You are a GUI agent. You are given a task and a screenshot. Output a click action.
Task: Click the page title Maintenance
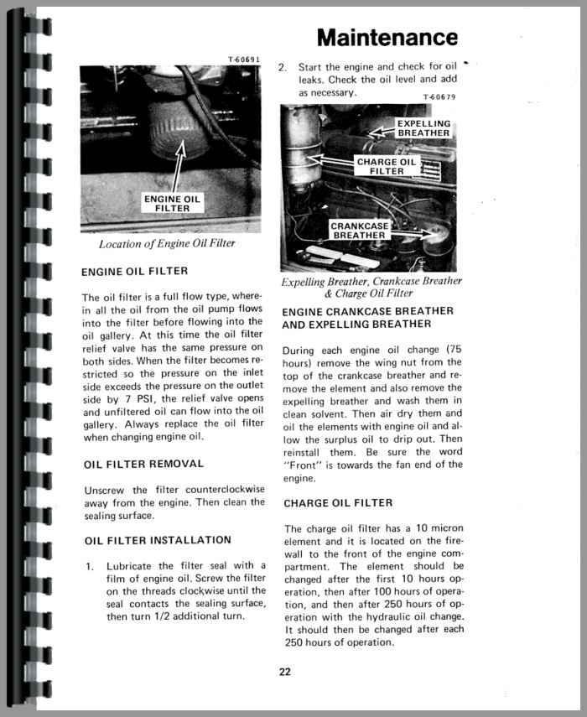pyautogui.click(x=387, y=38)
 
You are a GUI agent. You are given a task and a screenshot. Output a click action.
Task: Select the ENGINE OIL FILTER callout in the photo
pyautogui.click(x=173, y=203)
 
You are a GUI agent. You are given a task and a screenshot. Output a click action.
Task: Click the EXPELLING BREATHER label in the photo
pyautogui.click(x=423, y=128)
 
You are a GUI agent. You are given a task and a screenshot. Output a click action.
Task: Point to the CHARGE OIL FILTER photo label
pyautogui.click(x=386, y=166)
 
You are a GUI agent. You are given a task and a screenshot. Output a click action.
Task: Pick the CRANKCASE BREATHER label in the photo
pyautogui.click(x=359, y=231)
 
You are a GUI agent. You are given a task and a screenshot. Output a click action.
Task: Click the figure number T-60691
pyautogui.click(x=244, y=60)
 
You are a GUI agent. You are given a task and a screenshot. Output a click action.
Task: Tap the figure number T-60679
pyautogui.click(x=439, y=96)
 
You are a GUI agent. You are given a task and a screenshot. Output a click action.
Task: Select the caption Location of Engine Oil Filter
pyautogui.click(x=167, y=244)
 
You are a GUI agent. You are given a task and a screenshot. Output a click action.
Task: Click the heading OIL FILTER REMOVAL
pyautogui.click(x=143, y=464)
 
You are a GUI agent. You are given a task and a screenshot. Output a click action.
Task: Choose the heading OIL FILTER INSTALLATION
pyautogui.click(x=157, y=540)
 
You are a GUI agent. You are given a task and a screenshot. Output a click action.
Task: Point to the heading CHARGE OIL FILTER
pyautogui.click(x=338, y=503)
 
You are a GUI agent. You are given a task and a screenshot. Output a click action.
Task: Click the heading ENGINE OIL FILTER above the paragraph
pyautogui.click(x=134, y=272)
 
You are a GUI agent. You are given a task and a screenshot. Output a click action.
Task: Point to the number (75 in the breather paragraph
pyautogui.click(x=451, y=349)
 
